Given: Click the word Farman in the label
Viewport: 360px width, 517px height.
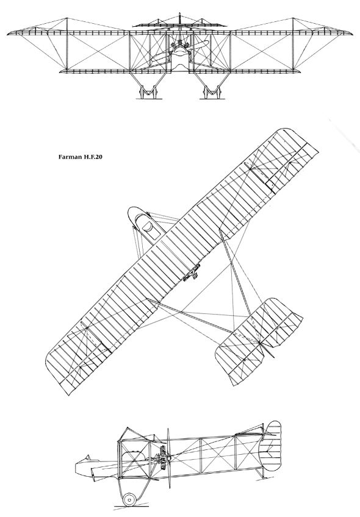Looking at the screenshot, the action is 70,157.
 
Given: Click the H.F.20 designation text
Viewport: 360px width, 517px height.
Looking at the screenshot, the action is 93,157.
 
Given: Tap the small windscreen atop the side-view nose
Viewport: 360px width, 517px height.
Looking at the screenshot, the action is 87,458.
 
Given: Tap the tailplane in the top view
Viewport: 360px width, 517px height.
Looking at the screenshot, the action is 260,341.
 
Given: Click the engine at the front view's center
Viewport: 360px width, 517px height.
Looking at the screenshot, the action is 180,49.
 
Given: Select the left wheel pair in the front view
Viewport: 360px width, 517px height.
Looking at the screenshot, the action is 148,92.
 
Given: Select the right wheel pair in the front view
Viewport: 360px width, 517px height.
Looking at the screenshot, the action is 212,92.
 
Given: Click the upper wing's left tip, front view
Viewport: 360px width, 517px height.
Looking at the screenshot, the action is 7,34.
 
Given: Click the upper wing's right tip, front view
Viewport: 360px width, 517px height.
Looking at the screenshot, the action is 352,34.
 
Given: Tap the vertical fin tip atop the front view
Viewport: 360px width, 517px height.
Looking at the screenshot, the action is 180,13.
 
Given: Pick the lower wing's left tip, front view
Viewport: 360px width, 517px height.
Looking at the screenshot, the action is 59,71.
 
